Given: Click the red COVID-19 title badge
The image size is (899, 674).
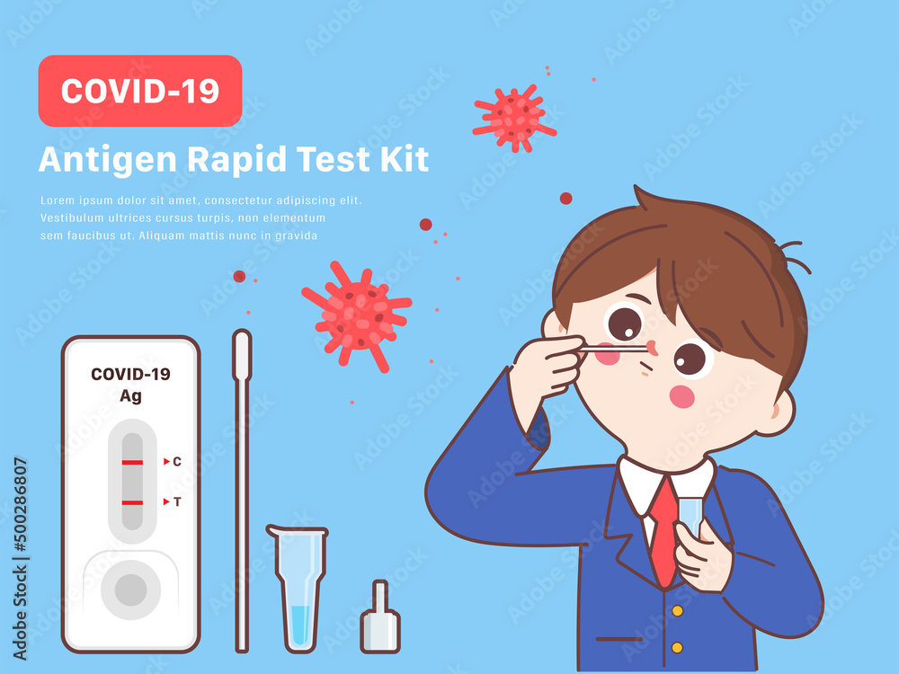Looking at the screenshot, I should click(x=139, y=91).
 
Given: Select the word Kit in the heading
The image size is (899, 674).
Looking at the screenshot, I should click(x=405, y=159).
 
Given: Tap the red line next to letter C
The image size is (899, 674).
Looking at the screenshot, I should click(x=132, y=462).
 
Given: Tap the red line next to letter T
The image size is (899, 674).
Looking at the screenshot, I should click(x=132, y=502).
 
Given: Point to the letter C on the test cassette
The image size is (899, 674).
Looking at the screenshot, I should click(x=177, y=462).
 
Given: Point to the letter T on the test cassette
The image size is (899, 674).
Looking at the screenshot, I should click(x=177, y=502).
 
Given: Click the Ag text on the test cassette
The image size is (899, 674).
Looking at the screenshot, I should click(x=130, y=395).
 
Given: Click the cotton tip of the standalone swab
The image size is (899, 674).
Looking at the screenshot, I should click(x=242, y=354).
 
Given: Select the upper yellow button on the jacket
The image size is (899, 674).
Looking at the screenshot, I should click(x=676, y=611).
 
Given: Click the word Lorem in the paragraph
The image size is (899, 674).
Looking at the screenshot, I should click(x=57, y=201).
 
